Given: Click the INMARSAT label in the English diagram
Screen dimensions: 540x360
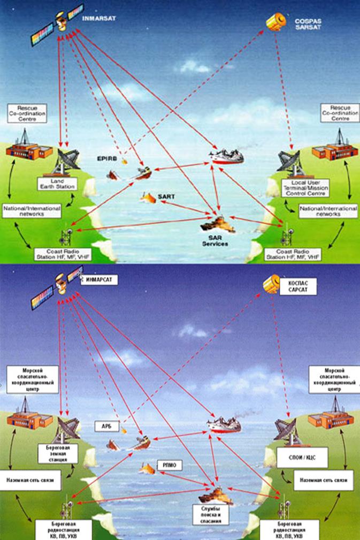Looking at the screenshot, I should click(99, 18).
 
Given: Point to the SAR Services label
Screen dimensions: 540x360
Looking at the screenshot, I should click(215, 240).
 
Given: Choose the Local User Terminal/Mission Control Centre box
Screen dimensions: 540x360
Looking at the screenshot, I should click(305, 187).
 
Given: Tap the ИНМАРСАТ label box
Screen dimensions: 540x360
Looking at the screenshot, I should click(99, 279).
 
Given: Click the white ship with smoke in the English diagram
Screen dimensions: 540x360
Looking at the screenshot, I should click(227, 156).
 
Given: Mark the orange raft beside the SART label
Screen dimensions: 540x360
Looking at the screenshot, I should click(148, 197).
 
